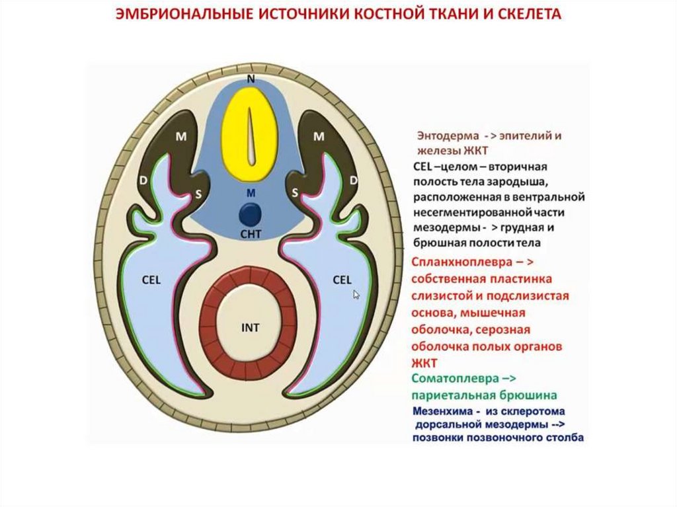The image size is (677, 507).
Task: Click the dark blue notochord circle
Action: coord(250,214)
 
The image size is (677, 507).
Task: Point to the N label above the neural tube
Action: coord(251,79)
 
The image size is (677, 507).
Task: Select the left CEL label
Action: coord(151,280)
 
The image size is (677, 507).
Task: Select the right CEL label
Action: coord(342,280)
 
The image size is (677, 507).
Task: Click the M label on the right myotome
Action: coord(318,137)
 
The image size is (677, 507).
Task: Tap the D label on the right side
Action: coord(353,180)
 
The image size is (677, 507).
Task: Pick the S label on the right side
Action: coord(295,192)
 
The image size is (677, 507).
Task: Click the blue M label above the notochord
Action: coord(250,193)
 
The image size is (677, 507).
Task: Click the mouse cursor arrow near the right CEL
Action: coord(357,295)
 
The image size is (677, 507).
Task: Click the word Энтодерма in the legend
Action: coord(443,136)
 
